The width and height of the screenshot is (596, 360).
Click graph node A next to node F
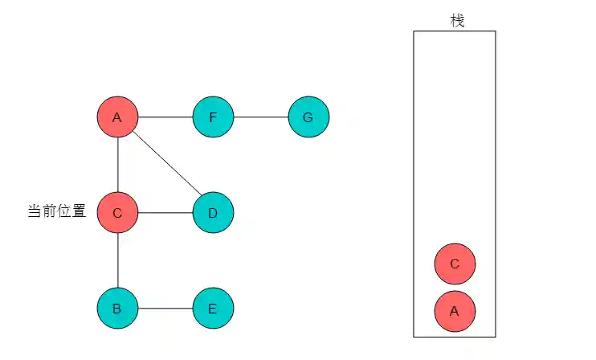pyautogui.click(x=117, y=117)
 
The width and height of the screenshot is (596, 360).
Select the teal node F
pyautogui.click(x=213, y=117)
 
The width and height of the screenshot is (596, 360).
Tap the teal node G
pyautogui.click(x=308, y=117)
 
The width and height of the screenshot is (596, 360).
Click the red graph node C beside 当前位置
pyautogui.click(x=117, y=213)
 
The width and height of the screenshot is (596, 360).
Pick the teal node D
pyautogui.click(x=213, y=213)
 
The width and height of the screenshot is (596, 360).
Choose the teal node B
pyautogui.click(x=117, y=308)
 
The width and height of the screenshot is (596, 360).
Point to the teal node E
pyautogui.click(x=213, y=308)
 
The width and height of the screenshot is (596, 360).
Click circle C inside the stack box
pyautogui.click(x=455, y=264)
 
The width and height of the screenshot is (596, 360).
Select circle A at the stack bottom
pyautogui.click(x=455, y=311)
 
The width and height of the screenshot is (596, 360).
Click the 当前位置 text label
pyautogui.click(x=57, y=212)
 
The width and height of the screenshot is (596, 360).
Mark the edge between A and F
pyautogui.click(x=165, y=117)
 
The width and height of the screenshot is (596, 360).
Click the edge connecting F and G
pyautogui.click(x=260, y=117)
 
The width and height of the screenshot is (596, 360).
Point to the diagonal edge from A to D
pyautogui.click(x=166, y=165)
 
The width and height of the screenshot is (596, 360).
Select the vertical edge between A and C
pyautogui.click(x=118, y=165)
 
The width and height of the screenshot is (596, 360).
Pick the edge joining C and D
pyautogui.click(x=165, y=213)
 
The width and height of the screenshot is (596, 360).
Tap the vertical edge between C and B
pyautogui.click(x=118, y=260)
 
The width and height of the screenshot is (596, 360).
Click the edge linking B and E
pyautogui.click(x=165, y=308)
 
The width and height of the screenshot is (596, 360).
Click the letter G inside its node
pyautogui.click(x=308, y=117)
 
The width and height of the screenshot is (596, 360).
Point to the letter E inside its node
pyautogui.click(x=213, y=308)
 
